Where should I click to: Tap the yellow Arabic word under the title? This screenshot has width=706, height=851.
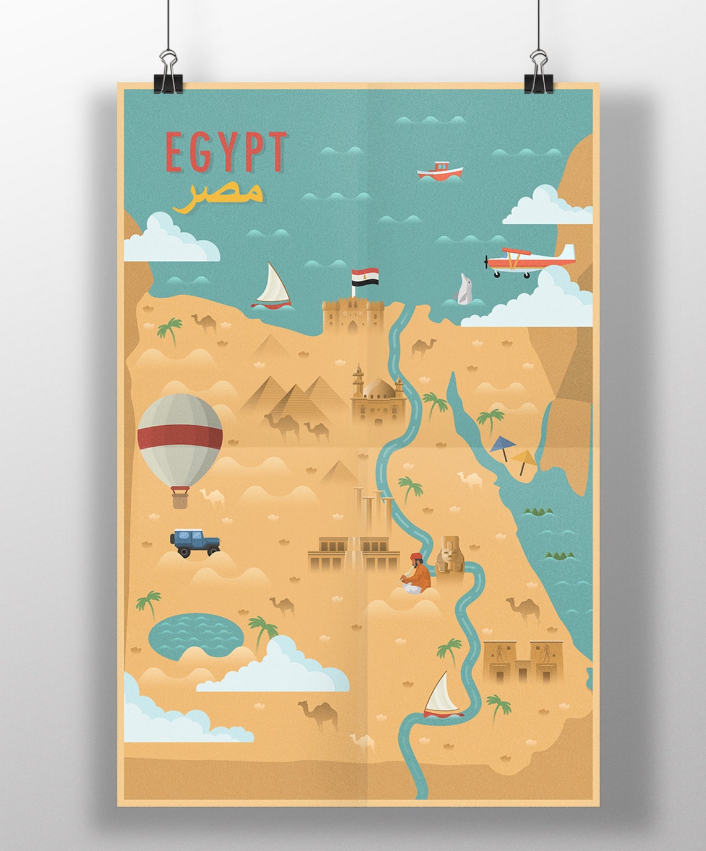[x=218, y=195]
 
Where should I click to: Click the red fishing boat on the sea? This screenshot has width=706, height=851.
[x=440, y=170]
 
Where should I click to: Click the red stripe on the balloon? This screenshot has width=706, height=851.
[x=180, y=436]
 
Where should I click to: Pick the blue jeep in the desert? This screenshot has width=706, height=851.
[x=194, y=542]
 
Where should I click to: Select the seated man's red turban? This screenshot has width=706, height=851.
[x=416, y=556]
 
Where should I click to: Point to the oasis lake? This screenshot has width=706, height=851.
[x=195, y=632]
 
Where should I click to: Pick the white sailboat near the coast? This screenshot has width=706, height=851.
[x=272, y=287]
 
